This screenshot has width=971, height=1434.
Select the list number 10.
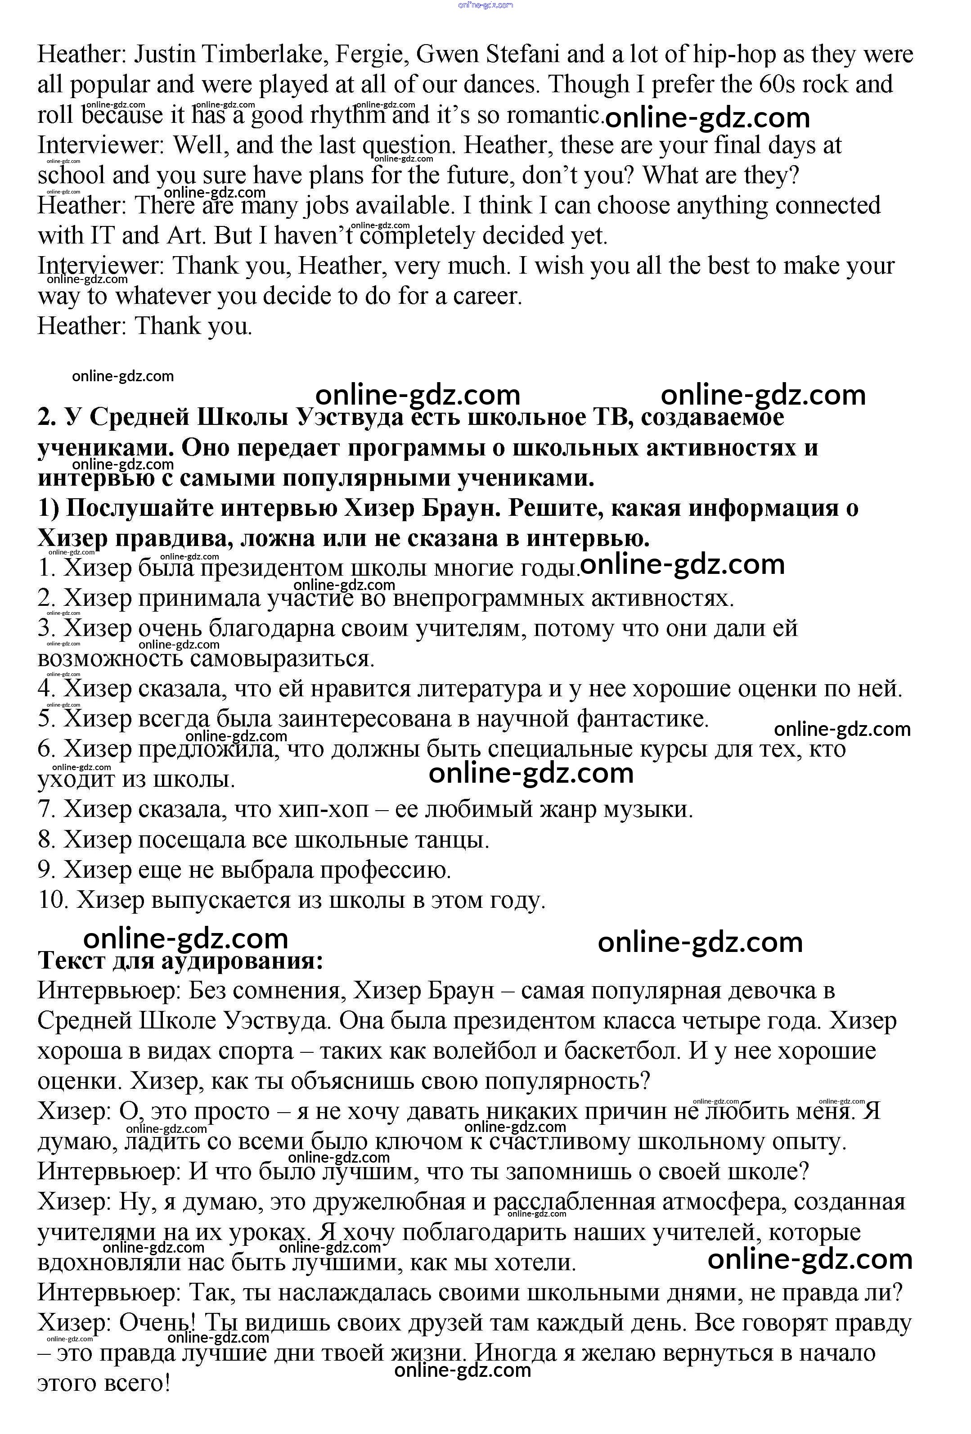(x=52, y=900)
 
